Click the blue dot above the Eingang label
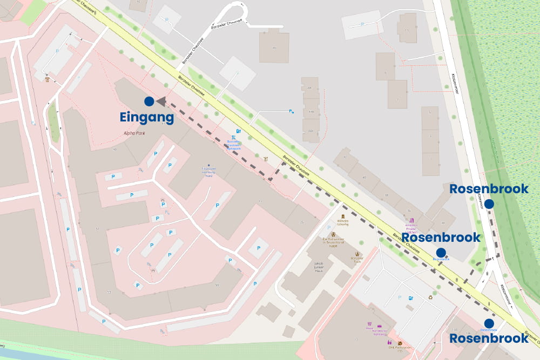pos(149,101)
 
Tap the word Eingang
pos(147,118)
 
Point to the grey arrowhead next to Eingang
pos(161,101)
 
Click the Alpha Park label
pos(134,132)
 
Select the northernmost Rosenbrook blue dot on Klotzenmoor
pos(489,203)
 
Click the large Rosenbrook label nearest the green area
pos(488,189)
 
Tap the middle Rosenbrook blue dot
pos(441,252)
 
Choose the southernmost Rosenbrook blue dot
pos(489,323)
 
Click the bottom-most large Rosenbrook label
pos(489,338)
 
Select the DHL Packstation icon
pos(400,343)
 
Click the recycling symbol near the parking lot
pos(430,296)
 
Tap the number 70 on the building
pos(274,48)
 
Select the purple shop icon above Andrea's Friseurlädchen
pos(411,221)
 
